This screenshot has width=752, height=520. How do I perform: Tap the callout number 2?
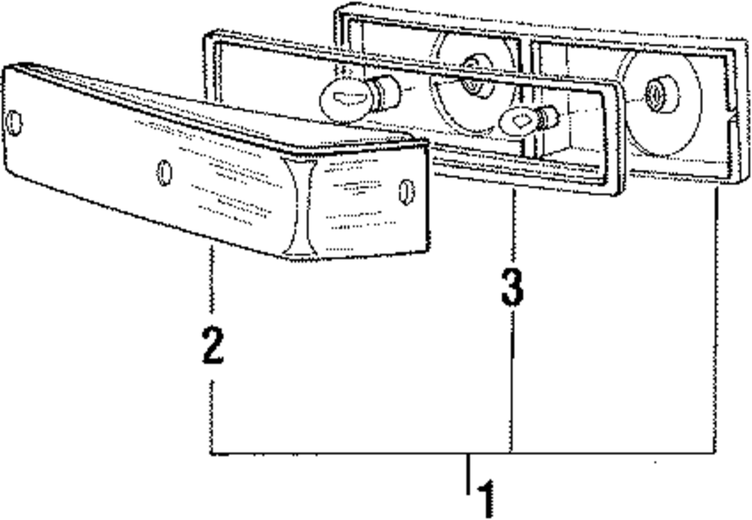tap(213, 344)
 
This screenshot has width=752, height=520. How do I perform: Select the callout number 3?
tap(512, 288)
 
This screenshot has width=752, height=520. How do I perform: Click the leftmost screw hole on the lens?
tap(14, 123)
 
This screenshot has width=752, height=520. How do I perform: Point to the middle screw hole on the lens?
tap(165, 173)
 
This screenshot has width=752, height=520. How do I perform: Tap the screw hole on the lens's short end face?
tap(406, 192)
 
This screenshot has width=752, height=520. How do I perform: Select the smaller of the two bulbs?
tap(526, 120)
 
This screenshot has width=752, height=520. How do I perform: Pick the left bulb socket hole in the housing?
tap(473, 84)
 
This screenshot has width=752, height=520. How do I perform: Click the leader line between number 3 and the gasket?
tap(514, 226)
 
